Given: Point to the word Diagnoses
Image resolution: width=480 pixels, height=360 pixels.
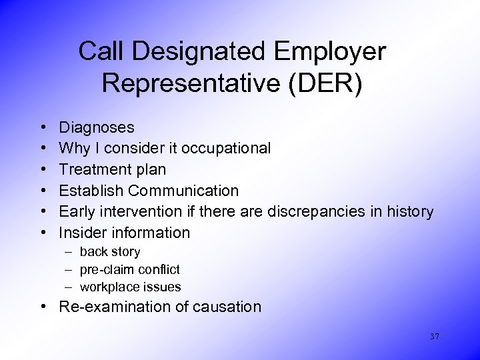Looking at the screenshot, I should coord(97,127).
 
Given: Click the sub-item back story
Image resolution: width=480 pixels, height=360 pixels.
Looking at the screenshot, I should coord(110,252).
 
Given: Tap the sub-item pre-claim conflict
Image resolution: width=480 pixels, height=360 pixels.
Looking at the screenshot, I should coord(129,269).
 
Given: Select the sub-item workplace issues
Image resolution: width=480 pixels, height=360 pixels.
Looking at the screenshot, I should coord(130,287).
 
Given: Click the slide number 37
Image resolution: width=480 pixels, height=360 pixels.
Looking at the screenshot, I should coord(435,337).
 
